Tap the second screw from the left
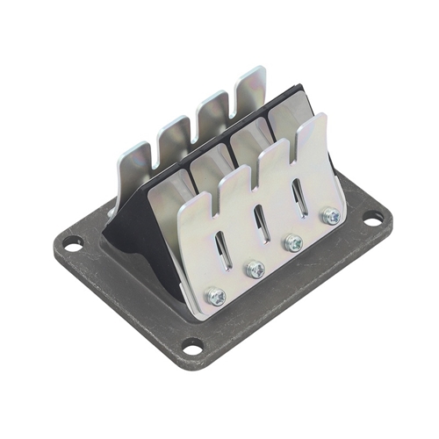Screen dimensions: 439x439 click(x=255, y=268)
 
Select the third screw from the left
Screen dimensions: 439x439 click(x=294, y=242)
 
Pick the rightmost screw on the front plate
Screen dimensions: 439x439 click(x=330, y=215)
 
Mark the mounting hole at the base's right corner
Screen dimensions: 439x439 click(x=373, y=219)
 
